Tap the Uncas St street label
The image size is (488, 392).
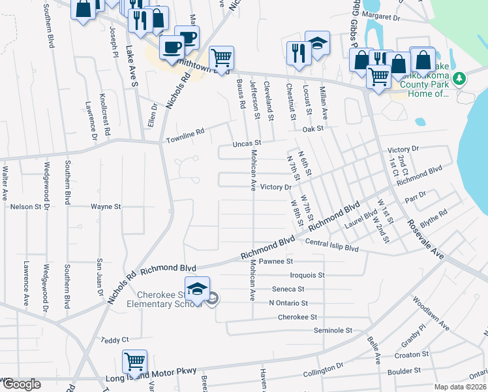tap(248, 142)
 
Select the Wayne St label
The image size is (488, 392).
tap(106, 206)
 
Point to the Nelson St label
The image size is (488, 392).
tap(25, 206)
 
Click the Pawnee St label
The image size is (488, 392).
tap(277, 261)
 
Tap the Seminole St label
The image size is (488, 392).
tap(333, 331)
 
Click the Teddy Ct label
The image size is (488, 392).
tap(115, 340)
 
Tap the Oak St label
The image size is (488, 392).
tap(313, 129)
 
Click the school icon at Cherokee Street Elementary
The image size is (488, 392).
tap(197, 288)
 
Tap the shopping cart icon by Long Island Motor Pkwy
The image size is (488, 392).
tap(134, 361)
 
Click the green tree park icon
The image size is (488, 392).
tap(460, 78)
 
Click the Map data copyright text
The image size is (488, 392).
tap(459, 387)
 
